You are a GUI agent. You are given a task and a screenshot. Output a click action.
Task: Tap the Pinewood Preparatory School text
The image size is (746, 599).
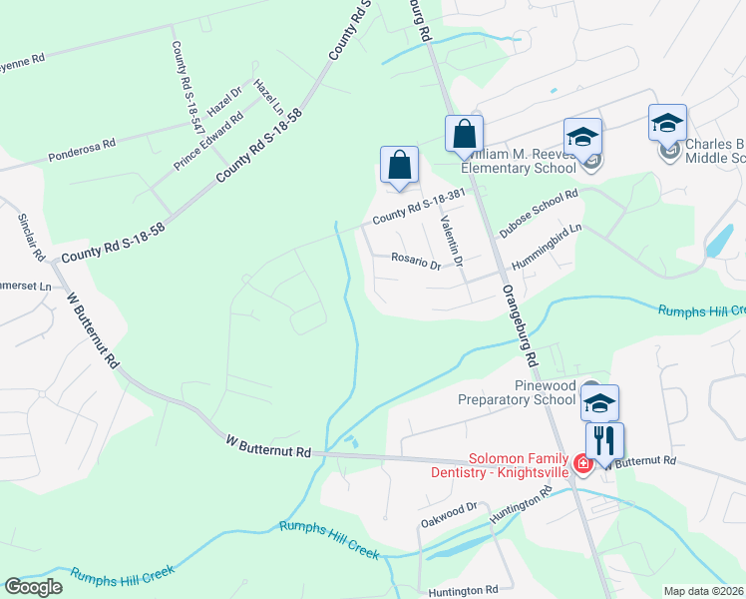coord(517,392)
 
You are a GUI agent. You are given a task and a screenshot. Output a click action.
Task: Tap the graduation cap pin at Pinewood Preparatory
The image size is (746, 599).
coord(600,403)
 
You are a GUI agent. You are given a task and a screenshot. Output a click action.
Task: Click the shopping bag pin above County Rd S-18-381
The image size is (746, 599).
coord(399,166)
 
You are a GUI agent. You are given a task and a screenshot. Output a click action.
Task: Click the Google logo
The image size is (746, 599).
coord(33,587)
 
